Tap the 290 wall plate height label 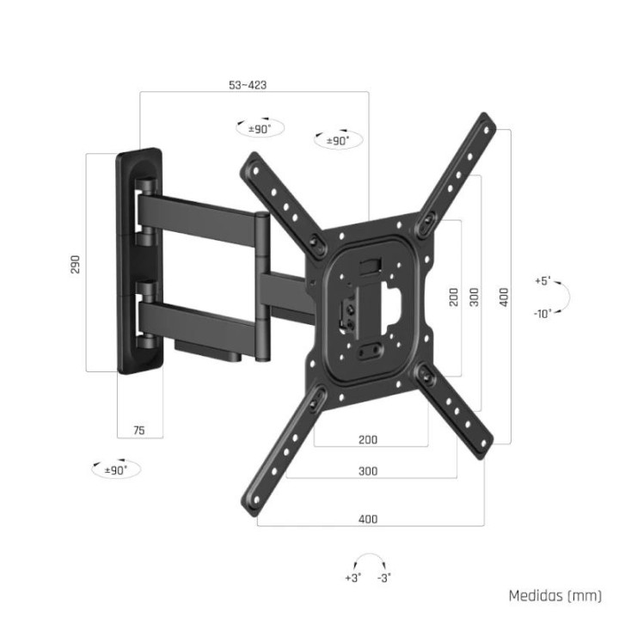pos(75,263)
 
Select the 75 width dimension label pos(139,430)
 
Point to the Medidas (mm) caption pos(554,596)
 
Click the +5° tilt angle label pos(542,281)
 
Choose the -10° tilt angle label pos(542,313)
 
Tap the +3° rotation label pos(353,578)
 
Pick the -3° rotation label pos(384,578)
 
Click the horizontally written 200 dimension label pos(367,439)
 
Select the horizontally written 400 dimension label pos(367,519)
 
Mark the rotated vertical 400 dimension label pos(505,296)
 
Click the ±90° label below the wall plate pos(115,470)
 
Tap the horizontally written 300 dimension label pos(367,471)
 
